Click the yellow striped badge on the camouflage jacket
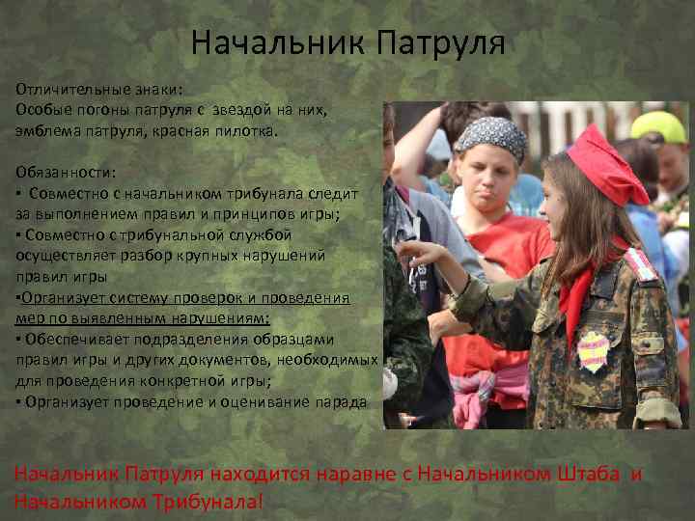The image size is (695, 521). click(594, 351)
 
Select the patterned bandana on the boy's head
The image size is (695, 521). click(491, 137)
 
